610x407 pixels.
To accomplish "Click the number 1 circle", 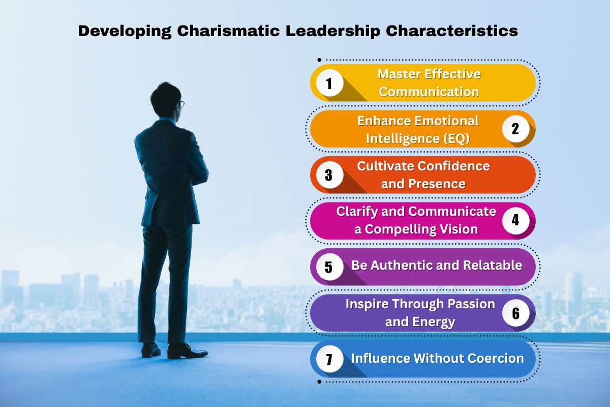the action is (x=329, y=83).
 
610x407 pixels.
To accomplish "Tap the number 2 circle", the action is (x=516, y=129).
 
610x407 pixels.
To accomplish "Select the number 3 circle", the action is (x=329, y=175).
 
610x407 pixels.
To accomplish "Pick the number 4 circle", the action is (x=516, y=220).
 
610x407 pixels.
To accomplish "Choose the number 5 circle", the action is (x=329, y=267).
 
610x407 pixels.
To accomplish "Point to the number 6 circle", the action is (x=516, y=313).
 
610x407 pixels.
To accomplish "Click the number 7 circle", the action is (x=329, y=359).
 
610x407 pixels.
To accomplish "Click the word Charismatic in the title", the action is (x=228, y=31).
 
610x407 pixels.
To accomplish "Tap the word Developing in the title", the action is (x=125, y=32).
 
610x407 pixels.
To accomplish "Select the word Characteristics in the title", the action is (x=452, y=31).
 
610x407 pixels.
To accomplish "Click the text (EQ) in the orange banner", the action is (x=456, y=138).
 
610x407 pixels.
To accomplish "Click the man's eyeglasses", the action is (x=181, y=104).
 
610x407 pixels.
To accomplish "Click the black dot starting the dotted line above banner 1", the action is (x=319, y=60).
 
